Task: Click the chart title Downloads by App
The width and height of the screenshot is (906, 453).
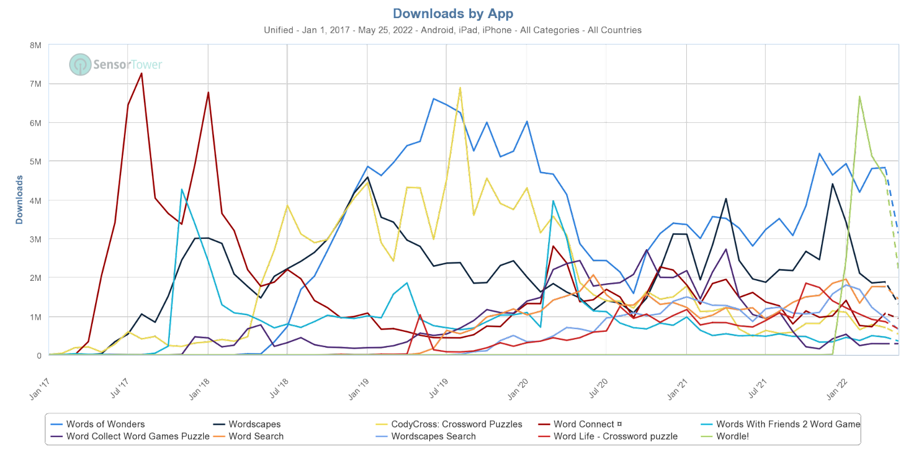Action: pyautogui.click(x=453, y=14)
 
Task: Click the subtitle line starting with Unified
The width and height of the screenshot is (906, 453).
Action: pyautogui.click(x=453, y=30)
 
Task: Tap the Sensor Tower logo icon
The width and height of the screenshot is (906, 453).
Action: pyautogui.click(x=80, y=64)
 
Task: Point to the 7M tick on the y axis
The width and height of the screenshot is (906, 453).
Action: pyautogui.click(x=36, y=84)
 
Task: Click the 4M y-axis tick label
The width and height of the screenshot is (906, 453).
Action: pyautogui.click(x=36, y=201)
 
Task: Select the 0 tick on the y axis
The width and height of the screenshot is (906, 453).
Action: pyautogui.click(x=39, y=356)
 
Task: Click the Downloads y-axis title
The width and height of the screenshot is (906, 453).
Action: pyautogui.click(x=19, y=200)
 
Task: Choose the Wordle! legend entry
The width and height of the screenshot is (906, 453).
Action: pyautogui.click(x=732, y=437)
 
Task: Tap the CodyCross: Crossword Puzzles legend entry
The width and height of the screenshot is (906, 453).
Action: pyautogui.click(x=456, y=424)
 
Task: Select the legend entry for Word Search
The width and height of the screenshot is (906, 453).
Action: pyautogui.click(x=255, y=437)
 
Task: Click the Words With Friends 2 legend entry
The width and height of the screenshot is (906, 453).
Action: pyautogui.click(x=787, y=424)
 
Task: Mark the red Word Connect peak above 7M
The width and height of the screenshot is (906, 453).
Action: pyautogui.click(x=142, y=74)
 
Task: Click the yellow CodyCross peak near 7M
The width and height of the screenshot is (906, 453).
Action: pyautogui.click(x=460, y=88)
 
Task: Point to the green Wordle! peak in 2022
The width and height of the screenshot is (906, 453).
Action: pyautogui.click(x=860, y=96)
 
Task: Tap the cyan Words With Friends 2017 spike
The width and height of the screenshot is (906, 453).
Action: pyautogui.click(x=181, y=190)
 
